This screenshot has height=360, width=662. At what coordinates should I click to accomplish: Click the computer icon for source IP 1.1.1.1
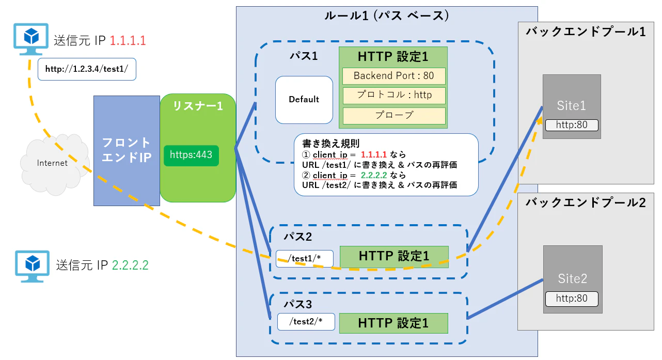(31, 39)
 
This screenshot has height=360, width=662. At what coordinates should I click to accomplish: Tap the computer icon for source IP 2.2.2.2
(32, 267)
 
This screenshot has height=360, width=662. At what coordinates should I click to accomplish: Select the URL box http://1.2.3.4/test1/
(87, 69)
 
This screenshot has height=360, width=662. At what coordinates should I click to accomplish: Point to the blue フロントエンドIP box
(127, 151)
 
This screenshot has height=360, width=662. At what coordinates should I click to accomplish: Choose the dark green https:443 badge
(191, 155)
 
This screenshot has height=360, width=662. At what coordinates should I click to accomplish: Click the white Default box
(304, 100)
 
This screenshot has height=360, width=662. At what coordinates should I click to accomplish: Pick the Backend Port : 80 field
(394, 76)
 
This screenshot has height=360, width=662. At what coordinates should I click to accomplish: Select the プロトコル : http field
(394, 96)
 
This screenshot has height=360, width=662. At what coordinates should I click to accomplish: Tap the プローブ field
(394, 116)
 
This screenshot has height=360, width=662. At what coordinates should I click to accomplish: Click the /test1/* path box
(305, 259)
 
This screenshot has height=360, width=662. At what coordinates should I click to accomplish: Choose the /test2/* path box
(306, 322)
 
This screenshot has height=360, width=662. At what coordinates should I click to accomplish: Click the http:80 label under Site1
(572, 125)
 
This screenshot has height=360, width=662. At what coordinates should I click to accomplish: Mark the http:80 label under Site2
(572, 299)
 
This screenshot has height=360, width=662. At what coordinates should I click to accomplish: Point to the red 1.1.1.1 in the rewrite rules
(373, 154)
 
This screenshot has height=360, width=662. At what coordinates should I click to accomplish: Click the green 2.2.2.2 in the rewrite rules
(374, 175)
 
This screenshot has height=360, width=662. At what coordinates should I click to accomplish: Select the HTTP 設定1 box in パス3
(393, 323)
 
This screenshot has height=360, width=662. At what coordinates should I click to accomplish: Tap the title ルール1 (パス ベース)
(387, 15)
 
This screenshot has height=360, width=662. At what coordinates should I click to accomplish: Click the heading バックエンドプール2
(586, 203)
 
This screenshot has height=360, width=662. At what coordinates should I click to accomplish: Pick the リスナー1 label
(198, 106)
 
